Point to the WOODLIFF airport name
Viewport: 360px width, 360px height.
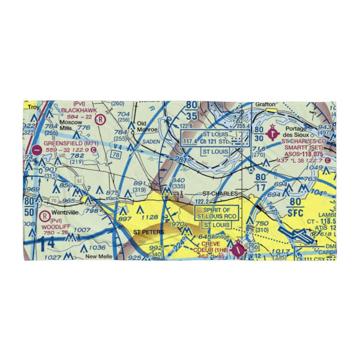click(55, 227)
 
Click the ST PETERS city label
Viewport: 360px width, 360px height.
click(149, 232)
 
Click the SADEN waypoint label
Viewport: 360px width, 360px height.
click(151, 141)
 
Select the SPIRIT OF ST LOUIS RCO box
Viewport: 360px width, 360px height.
click(216, 213)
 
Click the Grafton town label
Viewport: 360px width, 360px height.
click(265, 104)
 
